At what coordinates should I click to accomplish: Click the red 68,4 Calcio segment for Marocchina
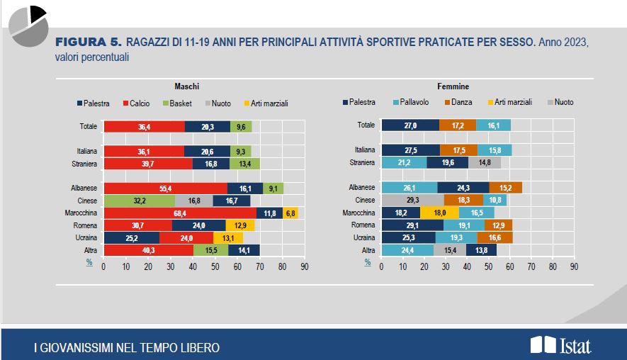(180, 212)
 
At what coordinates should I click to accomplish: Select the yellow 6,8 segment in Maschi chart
(290, 212)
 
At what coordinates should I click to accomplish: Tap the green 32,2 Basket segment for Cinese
(139, 200)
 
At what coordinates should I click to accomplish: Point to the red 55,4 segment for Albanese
(165, 188)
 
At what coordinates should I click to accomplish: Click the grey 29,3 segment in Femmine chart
(412, 200)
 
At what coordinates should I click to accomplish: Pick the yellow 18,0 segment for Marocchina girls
(439, 212)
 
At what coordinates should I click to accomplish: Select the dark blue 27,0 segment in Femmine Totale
(410, 125)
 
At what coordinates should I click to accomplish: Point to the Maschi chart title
(187, 86)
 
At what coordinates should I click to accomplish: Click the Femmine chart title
(453, 86)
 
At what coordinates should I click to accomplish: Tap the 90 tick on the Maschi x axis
(304, 267)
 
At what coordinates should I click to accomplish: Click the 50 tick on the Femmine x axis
(489, 267)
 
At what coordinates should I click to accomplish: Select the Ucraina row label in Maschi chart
(87, 237)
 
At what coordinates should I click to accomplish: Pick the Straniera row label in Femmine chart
(361, 162)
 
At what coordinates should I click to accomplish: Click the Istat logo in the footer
(560, 345)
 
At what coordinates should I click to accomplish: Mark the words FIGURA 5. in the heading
(89, 43)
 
